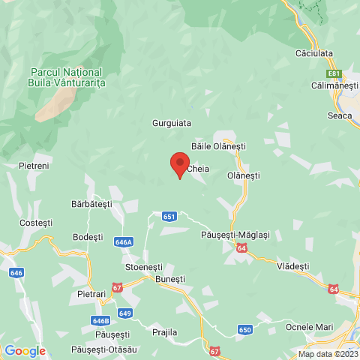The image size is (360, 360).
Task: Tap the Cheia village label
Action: (x=198, y=169)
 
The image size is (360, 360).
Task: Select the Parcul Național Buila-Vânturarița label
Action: (x=68, y=77)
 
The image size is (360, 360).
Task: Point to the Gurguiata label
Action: (x=172, y=122)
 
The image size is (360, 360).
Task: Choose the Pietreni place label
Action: (x=34, y=165)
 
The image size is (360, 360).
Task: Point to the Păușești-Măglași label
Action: (x=235, y=235)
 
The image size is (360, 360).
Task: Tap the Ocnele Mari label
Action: (x=308, y=326)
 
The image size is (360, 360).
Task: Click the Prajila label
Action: (x=164, y=331)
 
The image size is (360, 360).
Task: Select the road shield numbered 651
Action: (x=169, y=216)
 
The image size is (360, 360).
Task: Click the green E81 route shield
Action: (x=334, y=73)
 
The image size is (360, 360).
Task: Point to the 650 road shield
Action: (x=245, y=328)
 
